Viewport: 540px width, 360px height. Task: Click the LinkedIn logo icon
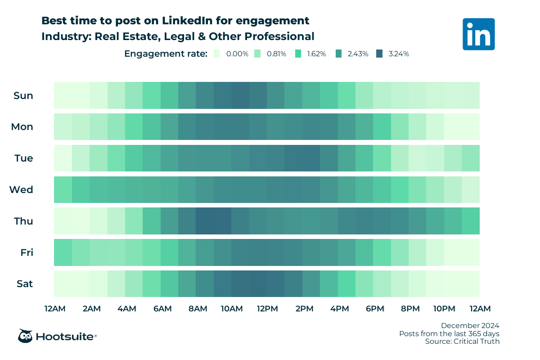(478, 34)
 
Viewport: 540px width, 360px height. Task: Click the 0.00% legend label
(237, 54)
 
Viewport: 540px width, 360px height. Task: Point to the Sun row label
(23, 95)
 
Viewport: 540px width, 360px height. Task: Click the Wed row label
(21, 190)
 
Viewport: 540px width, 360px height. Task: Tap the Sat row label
(24, 284)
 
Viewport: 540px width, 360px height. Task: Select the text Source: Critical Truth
(462, 342)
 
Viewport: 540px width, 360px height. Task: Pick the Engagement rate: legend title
(166, 54)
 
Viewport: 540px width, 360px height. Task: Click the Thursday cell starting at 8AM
(205, 221)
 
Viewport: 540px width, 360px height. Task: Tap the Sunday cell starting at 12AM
(63, 95)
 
